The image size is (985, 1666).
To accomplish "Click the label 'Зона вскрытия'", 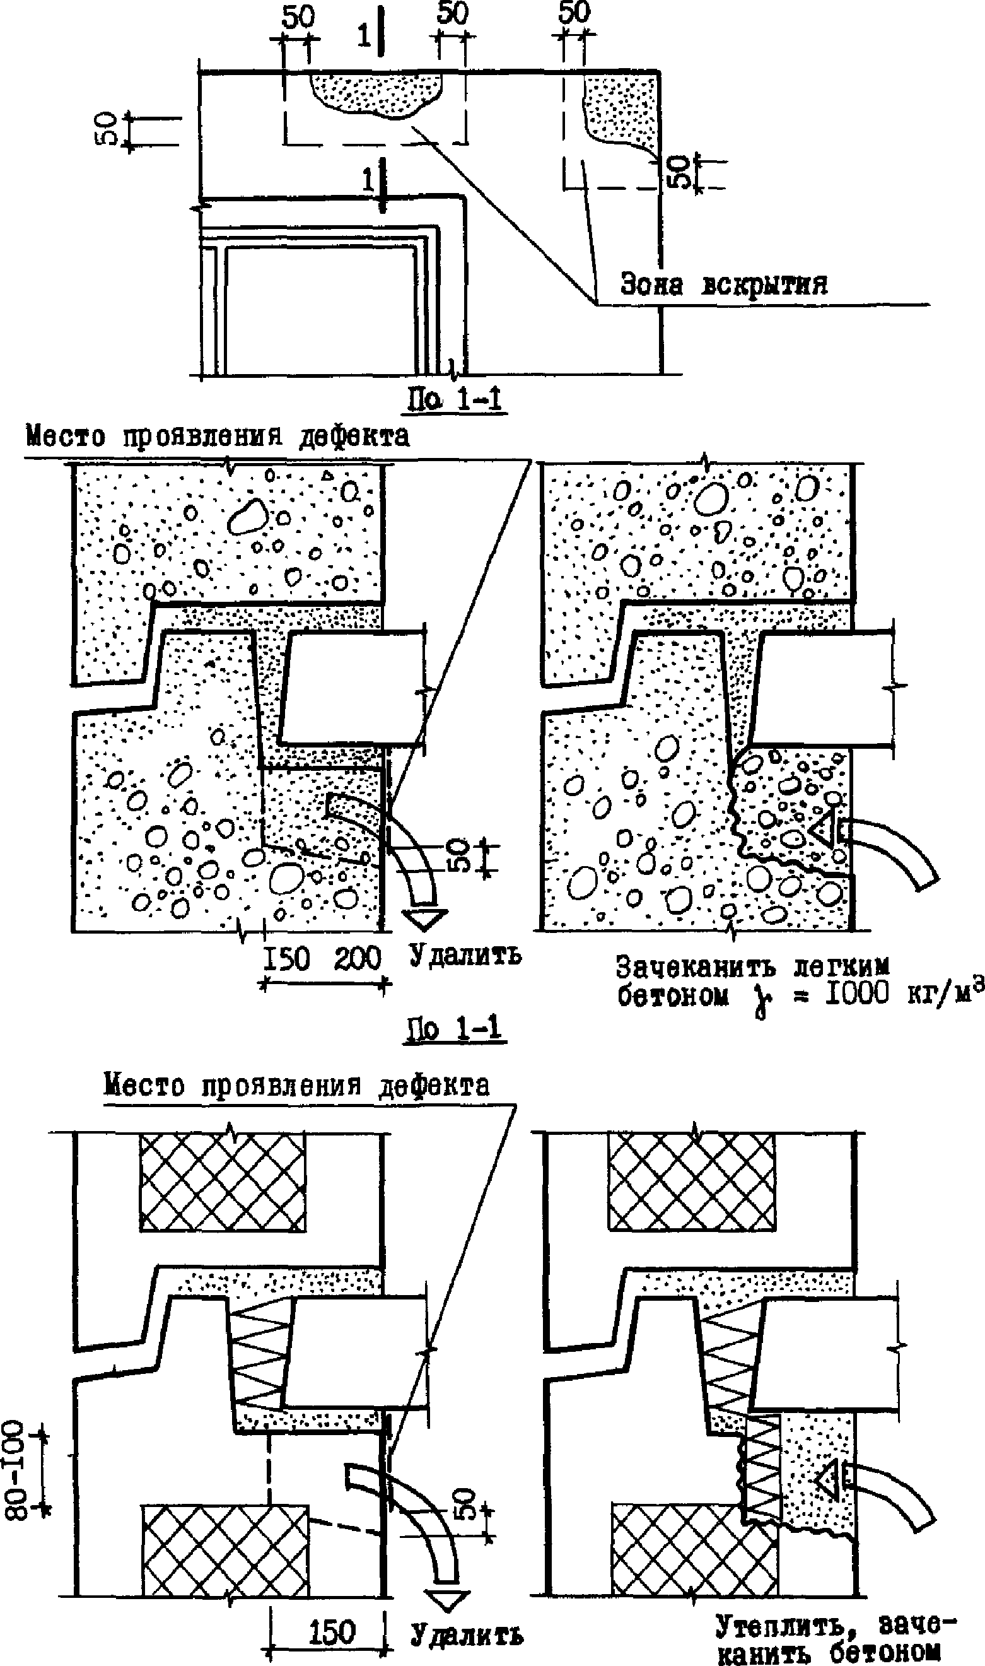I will point(723,286).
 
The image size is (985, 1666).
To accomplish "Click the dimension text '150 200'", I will point(323,958).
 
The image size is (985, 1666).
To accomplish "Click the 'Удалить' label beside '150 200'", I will point(465,955).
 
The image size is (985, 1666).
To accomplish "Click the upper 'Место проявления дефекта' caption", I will point(218,437).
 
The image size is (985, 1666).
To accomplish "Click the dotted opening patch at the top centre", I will point(376,93).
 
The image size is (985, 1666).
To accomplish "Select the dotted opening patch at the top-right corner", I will point(621,110).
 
